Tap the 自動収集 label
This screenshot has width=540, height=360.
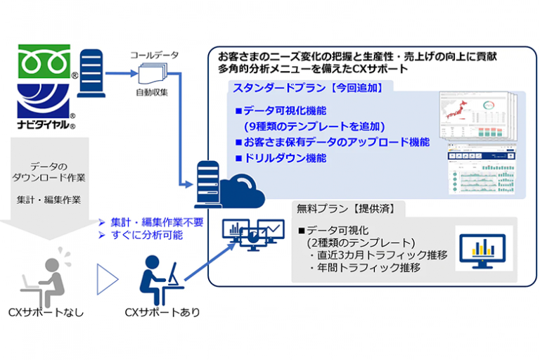point(154,92)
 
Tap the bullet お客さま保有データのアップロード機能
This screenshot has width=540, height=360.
point(336,143)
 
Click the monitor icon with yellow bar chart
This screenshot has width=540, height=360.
point(482,248)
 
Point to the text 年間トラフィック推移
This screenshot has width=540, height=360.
point(368,268)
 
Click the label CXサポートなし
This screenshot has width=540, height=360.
point(49,312)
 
